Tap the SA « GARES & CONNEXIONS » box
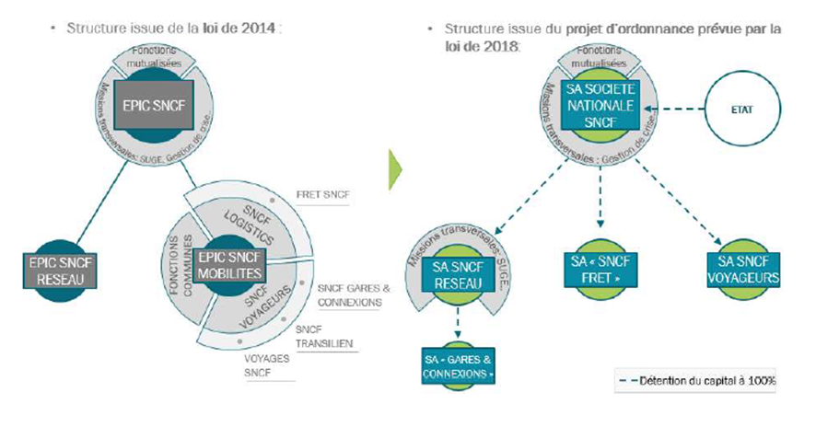click(459, 365)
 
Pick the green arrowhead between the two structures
click(393, 166)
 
